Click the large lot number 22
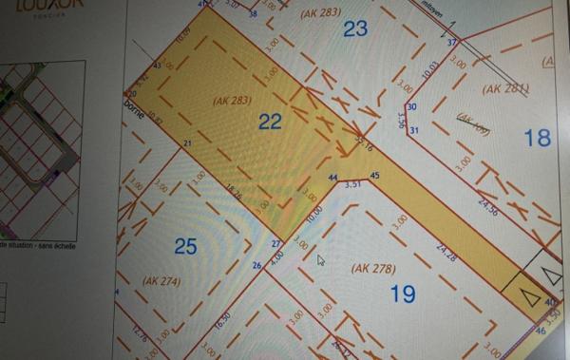coord(270,121)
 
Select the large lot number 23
coord(354,28)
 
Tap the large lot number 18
coord(537,138)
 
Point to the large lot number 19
coord(403,294)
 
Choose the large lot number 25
coord(185,247)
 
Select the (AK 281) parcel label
coord(504,88)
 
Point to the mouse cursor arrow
coord(320,259)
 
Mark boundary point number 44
coord(332,178)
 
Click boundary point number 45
coord(374,176)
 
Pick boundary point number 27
coord(276,245)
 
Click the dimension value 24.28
coord(446,253)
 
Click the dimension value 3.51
coord(355,183)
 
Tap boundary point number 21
coord(188,143)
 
